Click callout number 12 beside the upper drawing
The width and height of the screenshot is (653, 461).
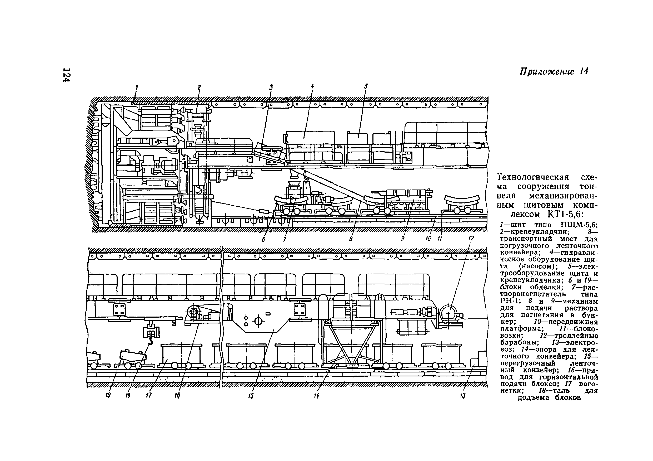471,238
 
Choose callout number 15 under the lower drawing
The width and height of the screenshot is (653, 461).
251,396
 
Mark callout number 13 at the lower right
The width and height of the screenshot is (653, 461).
463,396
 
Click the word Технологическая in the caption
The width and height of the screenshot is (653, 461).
533,178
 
